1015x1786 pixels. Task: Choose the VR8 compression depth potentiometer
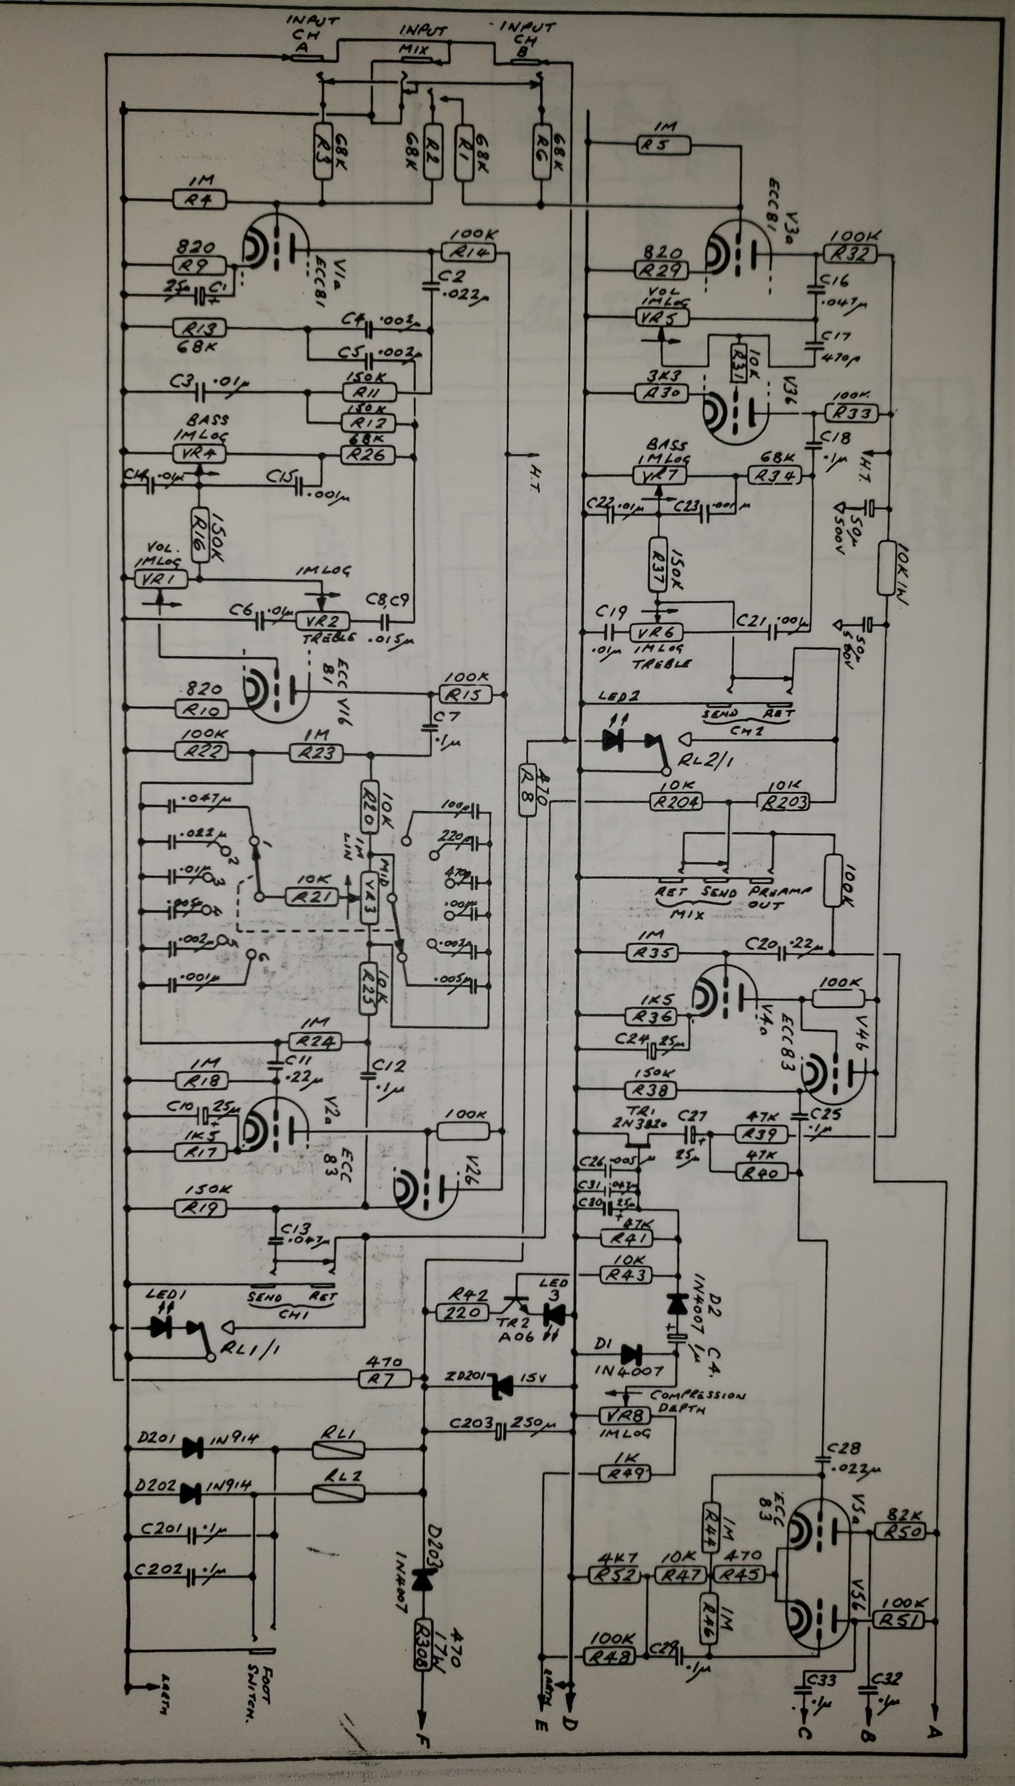pyautogui.click(x=625, y=1415)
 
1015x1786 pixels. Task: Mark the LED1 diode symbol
pyautogui.click(x=161, y=1328)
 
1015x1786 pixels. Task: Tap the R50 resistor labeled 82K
pyautogui.click(x=903, y=1531)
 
